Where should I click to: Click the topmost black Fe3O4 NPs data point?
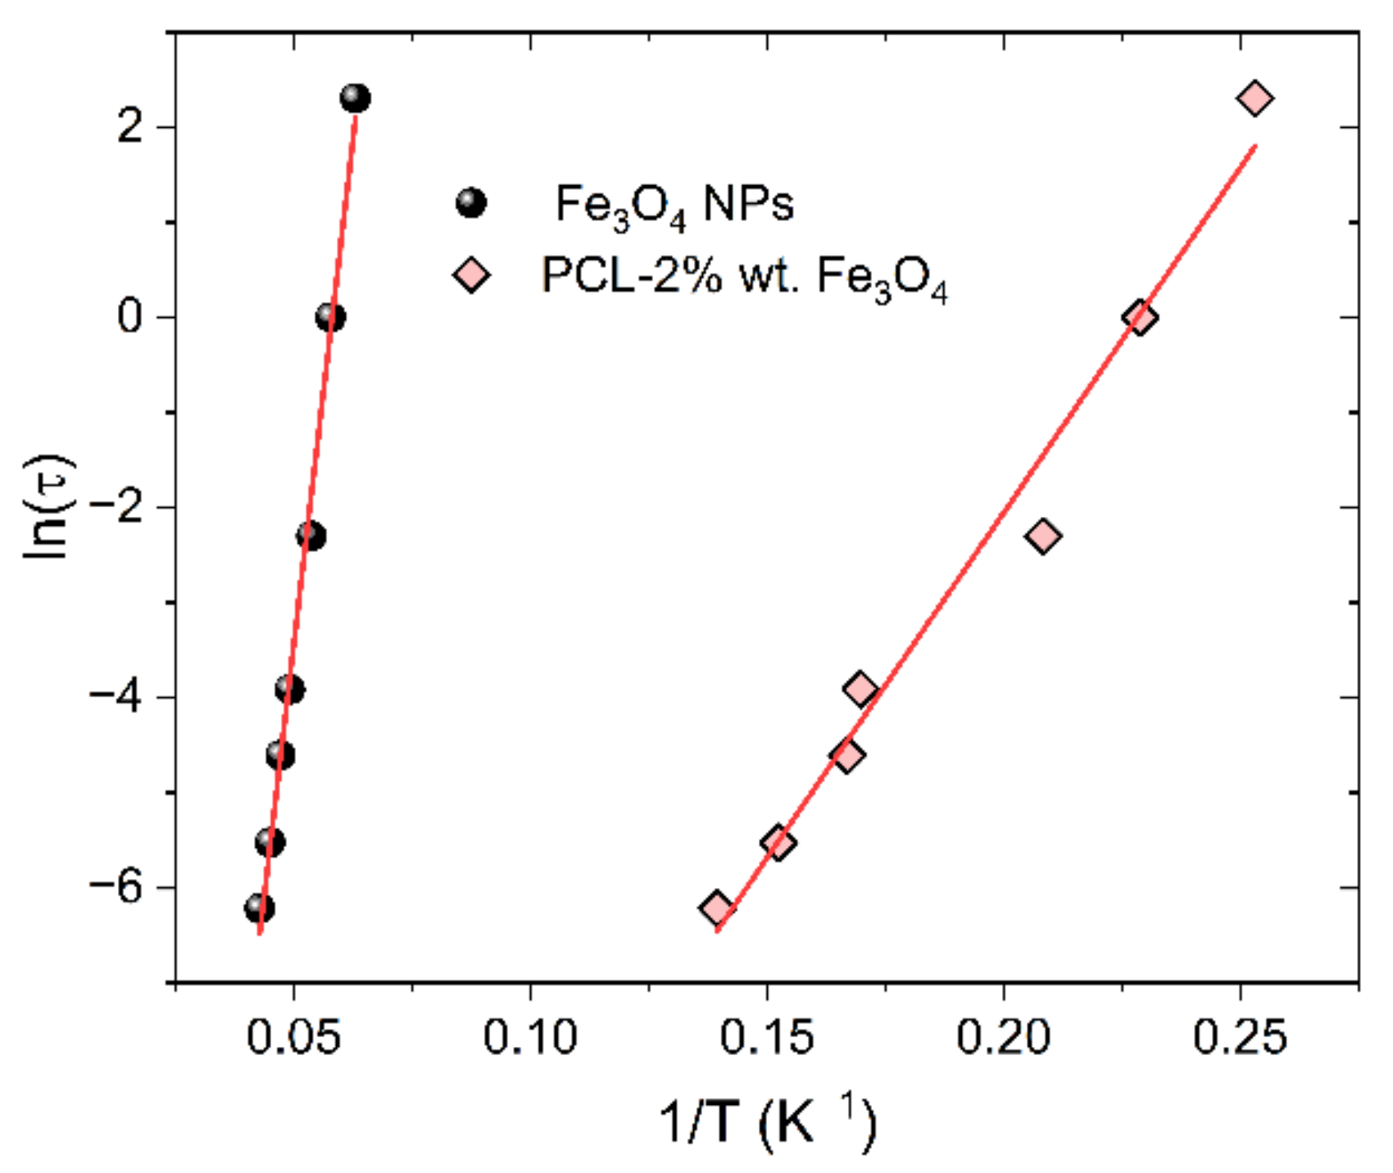point(355,98)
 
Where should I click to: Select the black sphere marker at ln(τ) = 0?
point(330,317)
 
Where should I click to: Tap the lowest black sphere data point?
point(259,908)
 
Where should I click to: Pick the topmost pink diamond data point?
point(1255,98)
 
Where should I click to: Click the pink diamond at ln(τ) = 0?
point(1140,317)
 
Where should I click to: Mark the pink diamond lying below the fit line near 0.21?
point(1042,536)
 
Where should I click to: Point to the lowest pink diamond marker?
point(717,908)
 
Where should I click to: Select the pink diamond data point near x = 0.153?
point(778,842)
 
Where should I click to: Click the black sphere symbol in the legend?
point(471,202)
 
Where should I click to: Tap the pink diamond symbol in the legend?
point(471,274)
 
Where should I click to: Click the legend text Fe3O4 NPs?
point(674,205)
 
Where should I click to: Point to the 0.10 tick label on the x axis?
point(530,1038)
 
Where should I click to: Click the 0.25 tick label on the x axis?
point(1240,1038)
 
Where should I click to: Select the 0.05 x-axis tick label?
point(293,1038)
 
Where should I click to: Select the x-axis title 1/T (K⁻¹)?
point(767,1122)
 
